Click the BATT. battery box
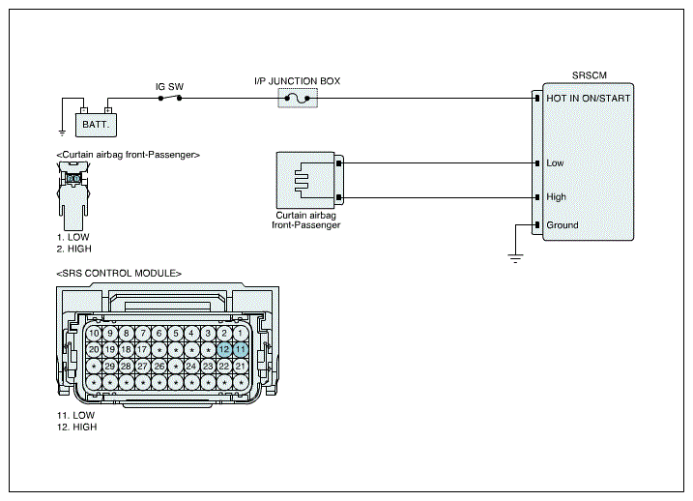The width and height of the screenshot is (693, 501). pos(96,125)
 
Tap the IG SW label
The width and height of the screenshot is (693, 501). pos(169,87)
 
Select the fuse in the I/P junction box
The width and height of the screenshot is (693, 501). pos(298,98)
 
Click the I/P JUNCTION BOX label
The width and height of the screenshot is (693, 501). pos(298,81)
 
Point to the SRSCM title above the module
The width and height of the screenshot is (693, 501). pos(590,75)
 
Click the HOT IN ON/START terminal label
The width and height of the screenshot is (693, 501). pos(589,98)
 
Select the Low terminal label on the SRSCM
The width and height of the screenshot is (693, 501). pos(555,163)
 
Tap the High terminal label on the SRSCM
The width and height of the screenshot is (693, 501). pos(557,196)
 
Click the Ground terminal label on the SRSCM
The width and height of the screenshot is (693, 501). pos(563,225)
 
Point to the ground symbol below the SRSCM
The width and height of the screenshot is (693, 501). pos(515,258)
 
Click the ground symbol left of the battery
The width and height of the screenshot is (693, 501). pos(62,133)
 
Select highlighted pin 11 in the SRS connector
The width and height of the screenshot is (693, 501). pos(241,350)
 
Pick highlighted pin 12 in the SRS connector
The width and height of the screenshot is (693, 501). pos(224,350)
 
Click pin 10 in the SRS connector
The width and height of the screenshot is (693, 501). pos(94,334)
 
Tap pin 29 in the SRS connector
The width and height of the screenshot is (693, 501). pos(110,367)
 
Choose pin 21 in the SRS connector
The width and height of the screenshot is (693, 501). pos(241,367)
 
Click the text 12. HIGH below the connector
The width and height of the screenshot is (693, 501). pos(77,427)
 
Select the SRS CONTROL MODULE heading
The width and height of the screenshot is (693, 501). pos(119,274)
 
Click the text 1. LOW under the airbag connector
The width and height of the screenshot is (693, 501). pos(72,237)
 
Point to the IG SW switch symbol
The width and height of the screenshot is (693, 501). pos(170,98)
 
